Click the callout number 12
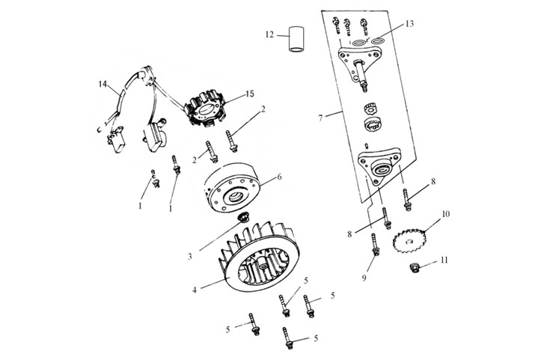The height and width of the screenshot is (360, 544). [x=269, y=34]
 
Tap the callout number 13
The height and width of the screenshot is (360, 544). [x=409, y=24]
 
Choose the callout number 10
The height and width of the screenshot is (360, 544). [x=445, y=214]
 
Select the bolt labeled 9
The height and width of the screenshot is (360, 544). [x=373, y=244]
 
